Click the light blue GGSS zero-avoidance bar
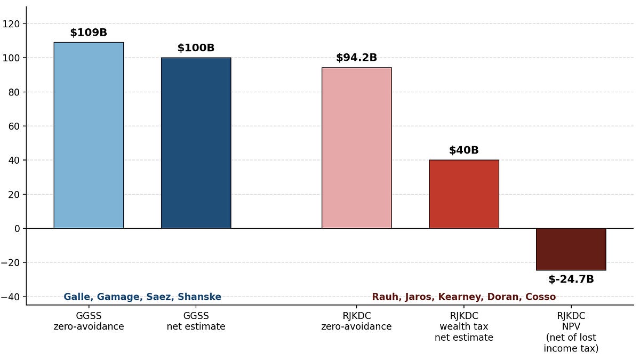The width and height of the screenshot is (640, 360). [x=89, y=135]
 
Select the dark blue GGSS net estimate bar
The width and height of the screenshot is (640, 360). [x=196, y=143]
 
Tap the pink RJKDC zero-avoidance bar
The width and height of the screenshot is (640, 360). [x=357, y=148]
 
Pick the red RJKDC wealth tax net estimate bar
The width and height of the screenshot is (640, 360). [x=464, y=194]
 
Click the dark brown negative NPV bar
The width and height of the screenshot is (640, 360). [x=571, y=249]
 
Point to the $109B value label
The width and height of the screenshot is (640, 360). [x=89, y=33]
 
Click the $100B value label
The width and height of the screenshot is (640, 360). [x=196, y=47]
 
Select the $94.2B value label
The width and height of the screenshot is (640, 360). [x=357, y=58]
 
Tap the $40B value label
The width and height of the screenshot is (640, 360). [x=464, y=150]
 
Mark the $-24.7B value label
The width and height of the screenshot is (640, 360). [x=571, y=279]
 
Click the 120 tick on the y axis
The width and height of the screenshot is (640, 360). [x=11, y=24]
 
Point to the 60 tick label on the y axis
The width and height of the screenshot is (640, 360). [x=14, y=126]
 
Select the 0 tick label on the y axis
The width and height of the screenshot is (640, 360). [x=17, y=229]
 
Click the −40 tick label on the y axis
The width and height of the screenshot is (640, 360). [x=10, y=297]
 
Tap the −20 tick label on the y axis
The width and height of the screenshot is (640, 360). [x=10, y=262]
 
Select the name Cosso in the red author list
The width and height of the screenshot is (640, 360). [x=541, y=297]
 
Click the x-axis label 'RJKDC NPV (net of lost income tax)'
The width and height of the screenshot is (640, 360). [x=571, y=332]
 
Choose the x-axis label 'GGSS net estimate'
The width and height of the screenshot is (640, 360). [x=196, y=321]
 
